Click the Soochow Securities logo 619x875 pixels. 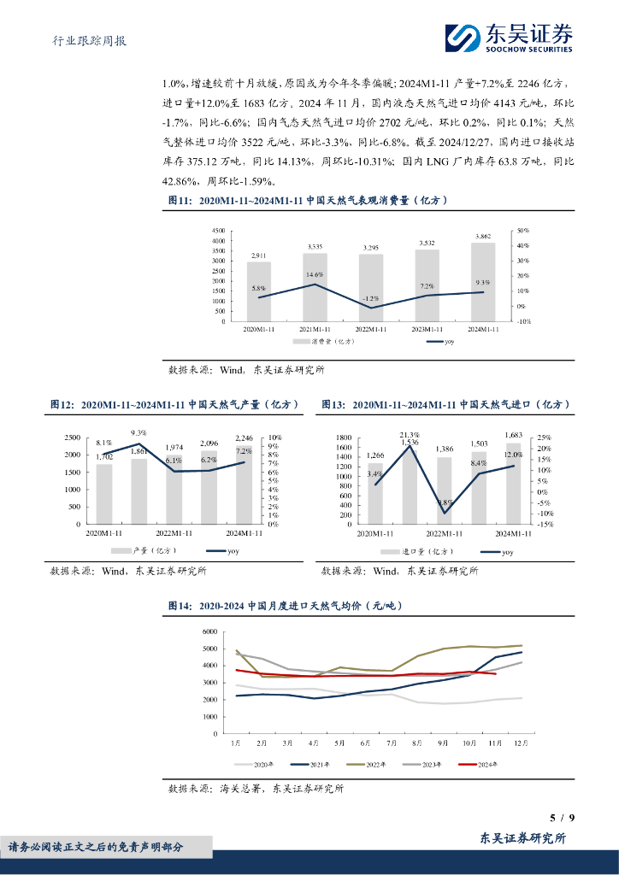pos(508,36)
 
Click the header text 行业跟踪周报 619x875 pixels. pos(84,40)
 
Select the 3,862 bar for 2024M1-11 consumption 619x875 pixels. pos(482,282)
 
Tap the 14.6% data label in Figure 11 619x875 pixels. pos(314,274)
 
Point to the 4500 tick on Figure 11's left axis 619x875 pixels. pos(218,231)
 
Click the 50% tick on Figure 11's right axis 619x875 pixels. pos(523,231)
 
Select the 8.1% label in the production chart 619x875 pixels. pos(104,443)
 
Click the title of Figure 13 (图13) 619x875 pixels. pos(445,404)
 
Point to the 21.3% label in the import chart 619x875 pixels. pos(409,434)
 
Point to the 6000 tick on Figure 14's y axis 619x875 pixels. pos(210,631)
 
